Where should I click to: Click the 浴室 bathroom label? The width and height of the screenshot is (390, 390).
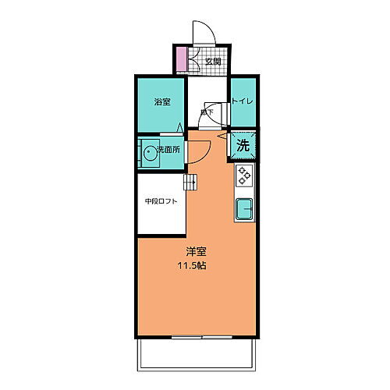click(161, 102)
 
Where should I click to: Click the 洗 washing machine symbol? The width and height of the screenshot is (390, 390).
click(243, 145)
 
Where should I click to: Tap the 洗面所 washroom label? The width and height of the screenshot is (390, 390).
click(168, 148)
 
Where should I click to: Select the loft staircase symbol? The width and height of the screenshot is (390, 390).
click(190, 183)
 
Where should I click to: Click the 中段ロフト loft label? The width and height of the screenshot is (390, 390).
click(161, 201)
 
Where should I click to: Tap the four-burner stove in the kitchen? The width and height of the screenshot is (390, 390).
click(244, 176)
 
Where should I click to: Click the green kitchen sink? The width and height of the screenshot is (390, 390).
click(244, 208)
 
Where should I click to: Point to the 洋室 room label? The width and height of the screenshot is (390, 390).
click(196, 251)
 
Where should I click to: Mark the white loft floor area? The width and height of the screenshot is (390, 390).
click(161, 218)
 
